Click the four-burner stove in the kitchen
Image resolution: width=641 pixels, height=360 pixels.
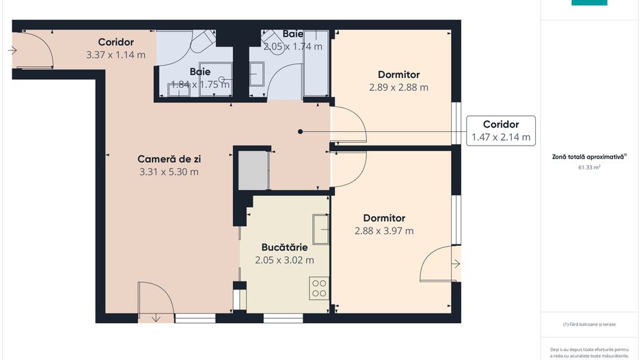(319, 288)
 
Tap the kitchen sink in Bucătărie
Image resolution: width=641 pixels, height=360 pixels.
(321, 229)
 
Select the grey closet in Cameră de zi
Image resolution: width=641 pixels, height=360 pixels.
(252, 170)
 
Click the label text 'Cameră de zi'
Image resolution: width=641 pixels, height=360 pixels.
(169, 158)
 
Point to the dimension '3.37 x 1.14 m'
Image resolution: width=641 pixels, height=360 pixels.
(115, 55)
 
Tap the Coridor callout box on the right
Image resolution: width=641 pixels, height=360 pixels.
(500, 130)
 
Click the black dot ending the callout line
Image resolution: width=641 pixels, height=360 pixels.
(300, 131)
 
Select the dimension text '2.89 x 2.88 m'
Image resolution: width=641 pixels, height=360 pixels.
(398, 87)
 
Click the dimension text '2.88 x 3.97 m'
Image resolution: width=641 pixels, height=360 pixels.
(384, 231)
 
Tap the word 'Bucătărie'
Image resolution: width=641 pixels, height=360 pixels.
(284, 247)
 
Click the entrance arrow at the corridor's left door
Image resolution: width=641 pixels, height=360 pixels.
(13, 50)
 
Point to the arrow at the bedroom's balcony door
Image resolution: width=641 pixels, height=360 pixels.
(456, 264)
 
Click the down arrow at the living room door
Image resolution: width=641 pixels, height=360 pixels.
(156, 317)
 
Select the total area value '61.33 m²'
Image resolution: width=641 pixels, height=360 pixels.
(590, 167)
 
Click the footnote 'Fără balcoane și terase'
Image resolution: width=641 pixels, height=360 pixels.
(590, 324)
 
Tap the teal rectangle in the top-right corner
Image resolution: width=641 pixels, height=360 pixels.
(589, 2)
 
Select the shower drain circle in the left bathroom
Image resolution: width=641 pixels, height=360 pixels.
(221, 80)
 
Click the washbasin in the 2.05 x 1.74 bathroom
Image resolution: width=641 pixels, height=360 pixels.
(257, 74)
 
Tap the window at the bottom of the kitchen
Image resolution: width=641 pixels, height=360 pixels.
(283, 318)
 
